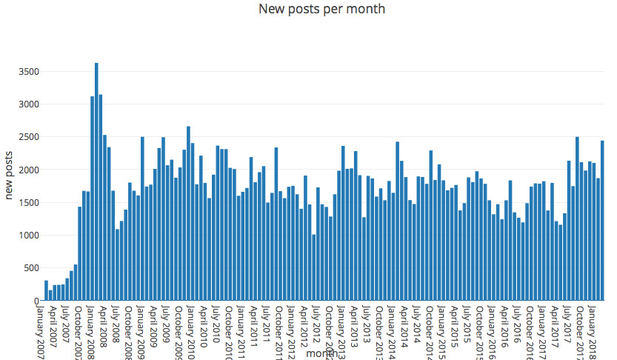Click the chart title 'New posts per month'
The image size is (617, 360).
(321, 9)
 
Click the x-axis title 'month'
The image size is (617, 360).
(322, 354)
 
